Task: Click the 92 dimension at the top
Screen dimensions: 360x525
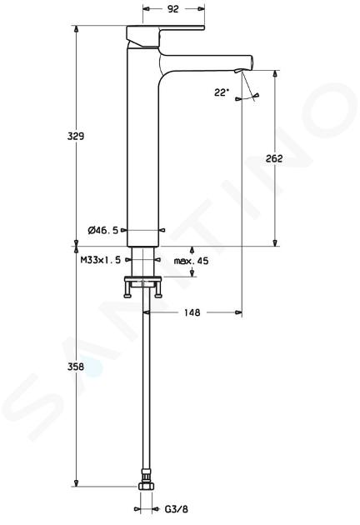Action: point(173,9)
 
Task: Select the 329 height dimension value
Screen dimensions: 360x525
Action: point(76,137)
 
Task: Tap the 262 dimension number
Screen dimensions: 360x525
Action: point(274,158)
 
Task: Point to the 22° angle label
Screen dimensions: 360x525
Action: point(222,92)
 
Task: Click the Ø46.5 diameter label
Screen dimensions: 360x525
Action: point(103,230)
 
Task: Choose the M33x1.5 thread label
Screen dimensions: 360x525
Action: point(101,260)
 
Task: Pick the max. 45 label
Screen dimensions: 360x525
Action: point(191,261)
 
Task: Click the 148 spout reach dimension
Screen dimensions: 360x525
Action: point(192,312)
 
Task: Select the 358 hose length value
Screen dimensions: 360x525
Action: point(76,367)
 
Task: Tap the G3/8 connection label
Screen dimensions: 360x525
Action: point(177,509)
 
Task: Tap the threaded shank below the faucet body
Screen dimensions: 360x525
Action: point(143,262)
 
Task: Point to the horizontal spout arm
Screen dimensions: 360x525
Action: point(206,62)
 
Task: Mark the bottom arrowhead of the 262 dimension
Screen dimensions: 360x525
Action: point(275,242)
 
